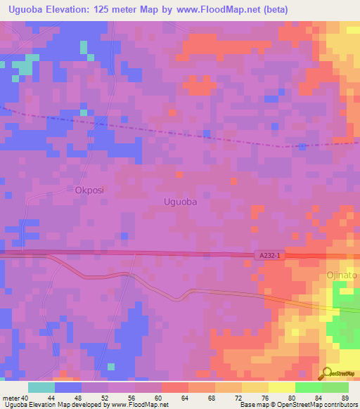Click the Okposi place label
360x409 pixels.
pyautogui.click(x=89, y=190)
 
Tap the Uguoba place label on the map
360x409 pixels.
pyautogui.click(x=180, y=202)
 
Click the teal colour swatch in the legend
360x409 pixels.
pyautogui.click(x=41, y=387)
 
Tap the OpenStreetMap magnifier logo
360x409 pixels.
pyautogui.click(x=326, y=373)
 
